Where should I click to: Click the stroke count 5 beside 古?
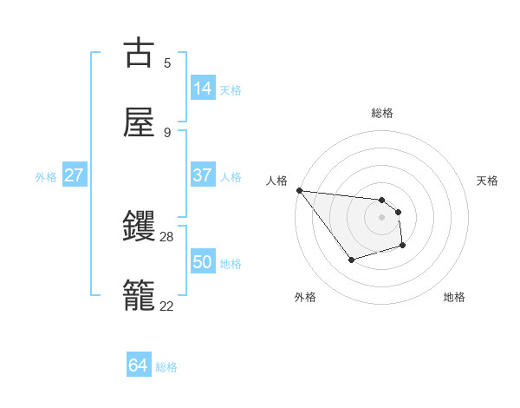coord(167,63)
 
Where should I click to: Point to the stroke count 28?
coord(167,236)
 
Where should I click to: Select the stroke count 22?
coord(167,305)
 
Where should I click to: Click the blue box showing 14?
coord(203,89)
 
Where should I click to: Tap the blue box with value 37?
coord(203,175)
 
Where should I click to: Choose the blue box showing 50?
coord(203,262)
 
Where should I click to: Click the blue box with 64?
coord(139,365)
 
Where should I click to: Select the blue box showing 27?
coord(75,175)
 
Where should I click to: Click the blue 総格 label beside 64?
coord(166,367)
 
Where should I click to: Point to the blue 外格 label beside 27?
coord(46,177)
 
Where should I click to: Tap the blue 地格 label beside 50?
coord(231,264)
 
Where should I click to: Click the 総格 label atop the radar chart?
coord(381,113)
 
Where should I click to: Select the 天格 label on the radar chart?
coord(487,181)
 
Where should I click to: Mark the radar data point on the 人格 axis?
coord(299,190)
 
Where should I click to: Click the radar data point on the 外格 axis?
coord(351,260)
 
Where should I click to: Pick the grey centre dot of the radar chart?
coord(381,217)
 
